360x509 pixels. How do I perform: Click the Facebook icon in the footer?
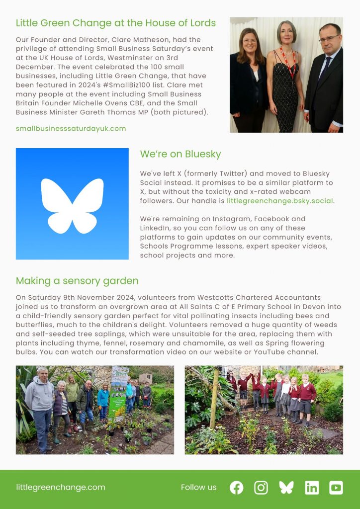[237, 488]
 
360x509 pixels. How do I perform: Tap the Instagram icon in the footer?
[261, 488]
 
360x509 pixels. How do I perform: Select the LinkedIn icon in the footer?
[312, 488]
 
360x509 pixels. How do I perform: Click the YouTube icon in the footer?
[336, 488]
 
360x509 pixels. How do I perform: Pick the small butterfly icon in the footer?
[286, 488]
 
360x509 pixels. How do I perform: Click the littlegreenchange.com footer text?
[61, 487]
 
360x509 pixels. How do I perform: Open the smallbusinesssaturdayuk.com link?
[71, 128]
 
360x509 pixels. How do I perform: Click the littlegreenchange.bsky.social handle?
[280, 201]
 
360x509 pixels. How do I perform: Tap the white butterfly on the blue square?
[73, 204]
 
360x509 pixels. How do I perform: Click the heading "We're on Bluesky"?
[180, 154]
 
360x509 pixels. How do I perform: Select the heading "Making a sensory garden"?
[77, 281]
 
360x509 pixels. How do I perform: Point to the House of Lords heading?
[116, 23]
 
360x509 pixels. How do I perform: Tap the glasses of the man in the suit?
[329, 39]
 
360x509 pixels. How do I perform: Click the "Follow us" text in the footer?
[199, 487]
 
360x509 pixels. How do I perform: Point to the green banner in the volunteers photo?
[118, 393]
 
